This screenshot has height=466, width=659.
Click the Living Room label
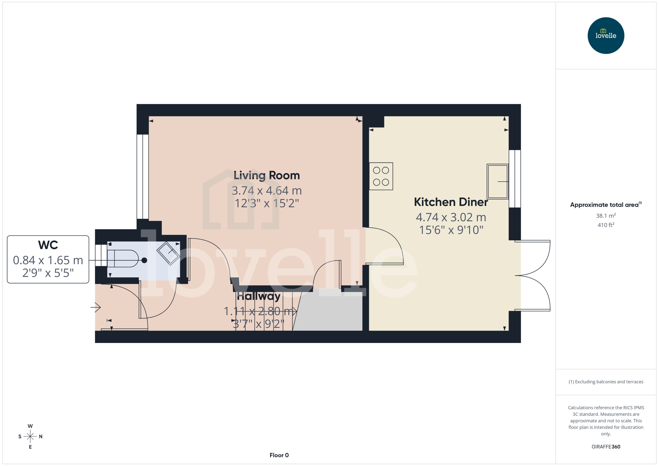(x=266, y=175)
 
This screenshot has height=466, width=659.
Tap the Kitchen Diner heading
(x=451, y=202)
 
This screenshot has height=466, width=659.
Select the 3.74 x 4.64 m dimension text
(x=266, y=191)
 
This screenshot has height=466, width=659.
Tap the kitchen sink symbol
(x=497, y=181)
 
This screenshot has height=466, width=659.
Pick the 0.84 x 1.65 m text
(x=48, y=260)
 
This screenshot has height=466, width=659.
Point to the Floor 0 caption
(x=279, y=455)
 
